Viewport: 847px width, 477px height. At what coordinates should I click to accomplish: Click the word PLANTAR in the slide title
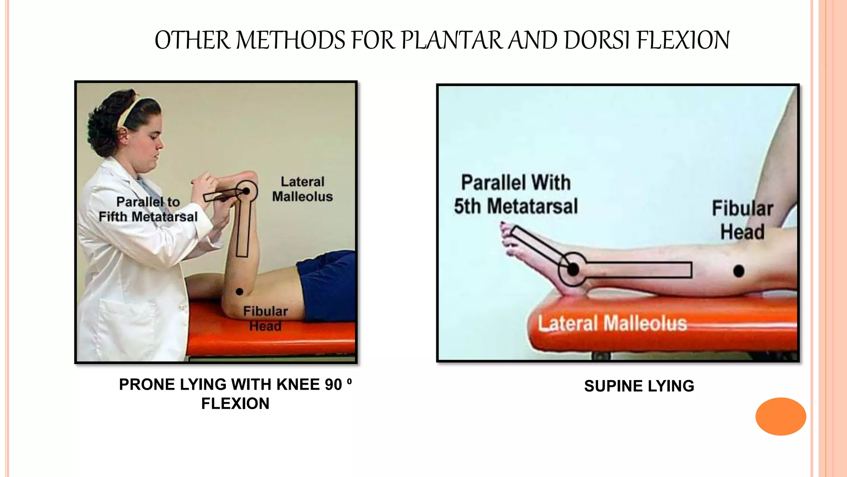tap(451, 41)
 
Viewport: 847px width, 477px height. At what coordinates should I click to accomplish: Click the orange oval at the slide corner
tap(780, 416)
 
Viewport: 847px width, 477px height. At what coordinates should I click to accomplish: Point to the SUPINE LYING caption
tap(639, 386)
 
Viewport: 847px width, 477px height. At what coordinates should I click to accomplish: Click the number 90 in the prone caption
tap(333, 385)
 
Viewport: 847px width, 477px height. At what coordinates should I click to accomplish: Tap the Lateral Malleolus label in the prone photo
tap(302, 189)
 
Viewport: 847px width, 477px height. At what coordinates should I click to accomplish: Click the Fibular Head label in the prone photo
tap(265, 318)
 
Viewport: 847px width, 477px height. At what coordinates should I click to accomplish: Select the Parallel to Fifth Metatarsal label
tap(148, 209)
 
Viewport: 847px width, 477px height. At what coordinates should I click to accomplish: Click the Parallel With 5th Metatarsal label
tap(516, 194)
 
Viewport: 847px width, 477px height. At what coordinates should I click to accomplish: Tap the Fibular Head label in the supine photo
tap(742, 220)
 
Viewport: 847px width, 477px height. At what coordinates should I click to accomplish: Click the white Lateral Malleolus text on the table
tap(612, 323)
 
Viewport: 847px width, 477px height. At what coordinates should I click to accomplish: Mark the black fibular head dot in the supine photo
tap(739, 271)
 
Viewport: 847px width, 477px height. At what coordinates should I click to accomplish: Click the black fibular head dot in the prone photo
tap(239, 291)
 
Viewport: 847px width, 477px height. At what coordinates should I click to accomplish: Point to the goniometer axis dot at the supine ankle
tap(573, 270)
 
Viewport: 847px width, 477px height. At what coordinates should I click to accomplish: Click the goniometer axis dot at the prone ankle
tap(246, 191)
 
